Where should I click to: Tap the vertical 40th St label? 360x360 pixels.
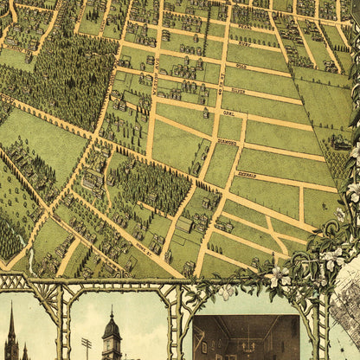coord(221,82)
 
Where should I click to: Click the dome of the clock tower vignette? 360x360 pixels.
coord(112,328)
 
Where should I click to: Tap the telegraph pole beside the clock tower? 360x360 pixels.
coord(86,347)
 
